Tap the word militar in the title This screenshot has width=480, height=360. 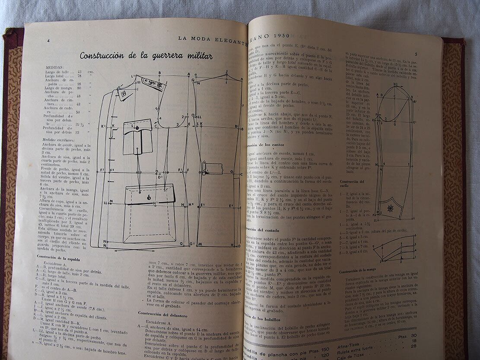(196, 56)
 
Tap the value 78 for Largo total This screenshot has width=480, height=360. (79, 76)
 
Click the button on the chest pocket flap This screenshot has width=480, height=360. (137, 128)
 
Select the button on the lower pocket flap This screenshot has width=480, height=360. (149, 197)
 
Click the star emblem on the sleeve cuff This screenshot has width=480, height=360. (390, 208)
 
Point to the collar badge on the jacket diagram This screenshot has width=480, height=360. (124, 93)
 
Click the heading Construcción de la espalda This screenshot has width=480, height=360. (59, 258)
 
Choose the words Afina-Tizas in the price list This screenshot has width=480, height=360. (356, 341)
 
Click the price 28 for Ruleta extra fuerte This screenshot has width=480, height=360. (414, 346)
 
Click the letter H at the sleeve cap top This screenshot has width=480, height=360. (395, 84)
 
